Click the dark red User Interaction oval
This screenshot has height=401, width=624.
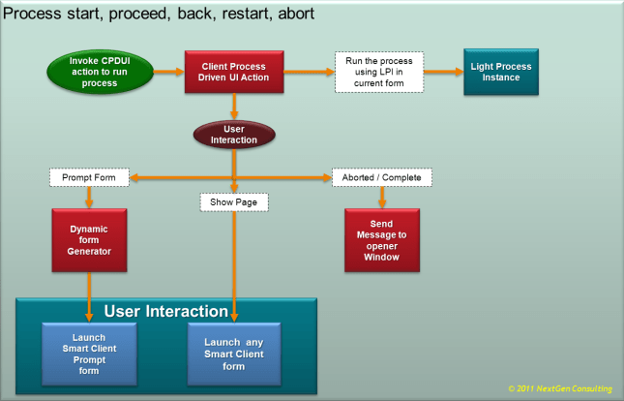[233, 134]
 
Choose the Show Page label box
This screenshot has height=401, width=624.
[234, 202]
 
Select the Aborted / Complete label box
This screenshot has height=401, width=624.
[381, 178]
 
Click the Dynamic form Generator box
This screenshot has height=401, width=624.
[89, 239]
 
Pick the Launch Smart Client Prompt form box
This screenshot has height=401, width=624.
[89, 352]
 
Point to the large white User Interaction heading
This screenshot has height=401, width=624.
[165, 311]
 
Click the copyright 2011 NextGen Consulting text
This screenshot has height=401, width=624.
[559, 388]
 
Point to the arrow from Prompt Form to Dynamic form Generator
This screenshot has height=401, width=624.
[89, 198]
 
